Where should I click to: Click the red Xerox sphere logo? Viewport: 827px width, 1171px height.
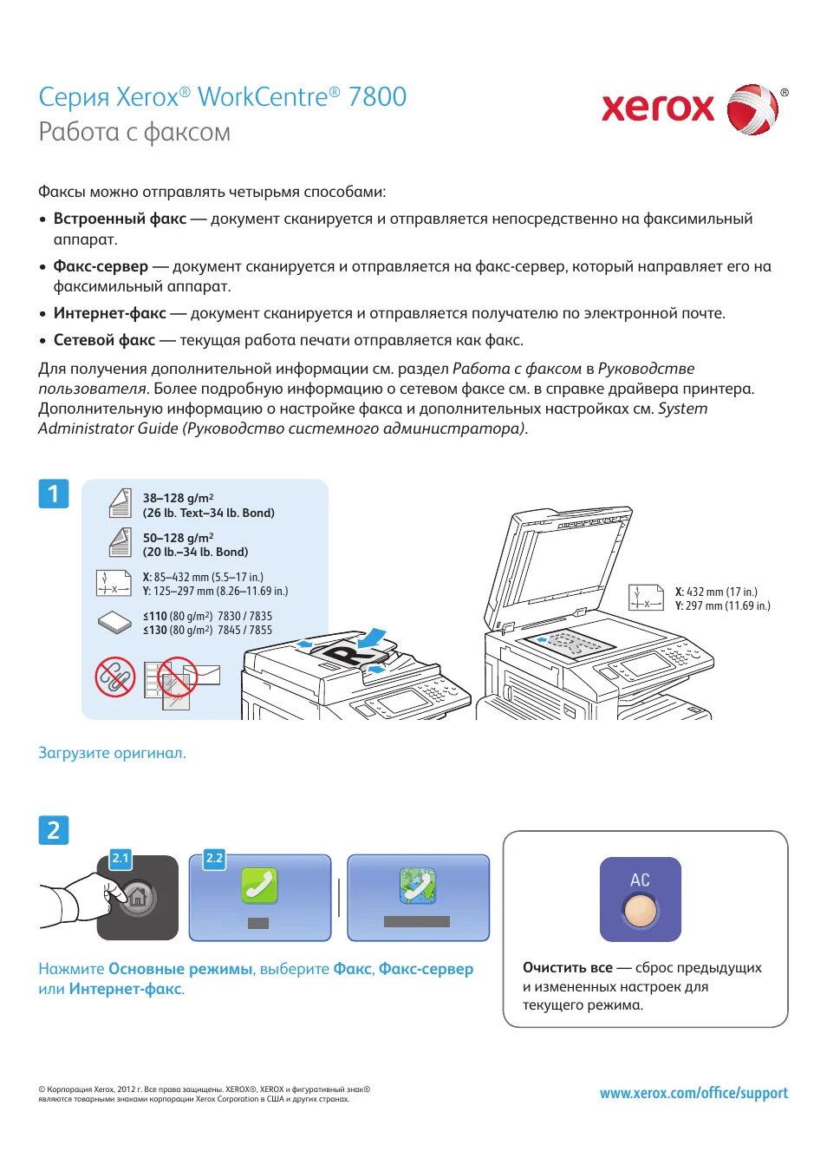[752, 109]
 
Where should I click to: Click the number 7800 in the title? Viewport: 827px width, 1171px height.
[377, 97]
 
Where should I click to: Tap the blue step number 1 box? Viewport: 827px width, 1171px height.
[54, 494]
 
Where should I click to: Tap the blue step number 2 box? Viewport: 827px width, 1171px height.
[54, 830]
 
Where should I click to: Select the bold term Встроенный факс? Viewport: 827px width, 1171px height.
[120, 219]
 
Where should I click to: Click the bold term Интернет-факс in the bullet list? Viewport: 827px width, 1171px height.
[110, 314]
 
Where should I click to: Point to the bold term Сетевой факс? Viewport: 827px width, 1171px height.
[104, 341]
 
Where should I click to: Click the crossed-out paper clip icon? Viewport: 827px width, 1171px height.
[114, 676]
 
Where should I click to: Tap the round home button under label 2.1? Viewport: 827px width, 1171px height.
[137, 898]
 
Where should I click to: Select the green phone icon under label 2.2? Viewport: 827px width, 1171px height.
[259, 886]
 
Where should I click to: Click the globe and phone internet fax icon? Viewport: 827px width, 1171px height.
[418, 886]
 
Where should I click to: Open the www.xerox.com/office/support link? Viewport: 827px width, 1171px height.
[694, 1093]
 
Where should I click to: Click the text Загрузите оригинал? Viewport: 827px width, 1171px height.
[112, 753]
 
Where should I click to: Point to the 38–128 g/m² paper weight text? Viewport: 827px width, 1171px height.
[178, 499]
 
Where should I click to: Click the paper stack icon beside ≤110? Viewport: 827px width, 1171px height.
[114, 622]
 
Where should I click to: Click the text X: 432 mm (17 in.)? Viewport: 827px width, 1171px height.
[716, 592]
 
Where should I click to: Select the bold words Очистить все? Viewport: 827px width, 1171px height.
[567, 968]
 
